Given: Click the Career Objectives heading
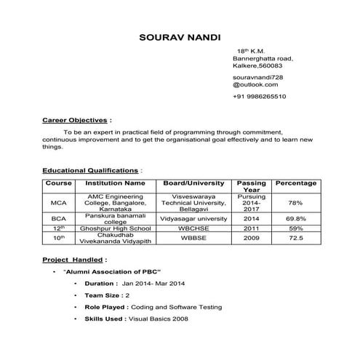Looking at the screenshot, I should point(76,119).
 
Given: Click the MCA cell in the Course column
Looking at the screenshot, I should point(59,202).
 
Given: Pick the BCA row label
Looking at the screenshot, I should point(59,218).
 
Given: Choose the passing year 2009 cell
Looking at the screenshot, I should point(251,238).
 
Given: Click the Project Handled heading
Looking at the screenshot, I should point(73,258).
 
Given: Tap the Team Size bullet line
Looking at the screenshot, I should point(107,295).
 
